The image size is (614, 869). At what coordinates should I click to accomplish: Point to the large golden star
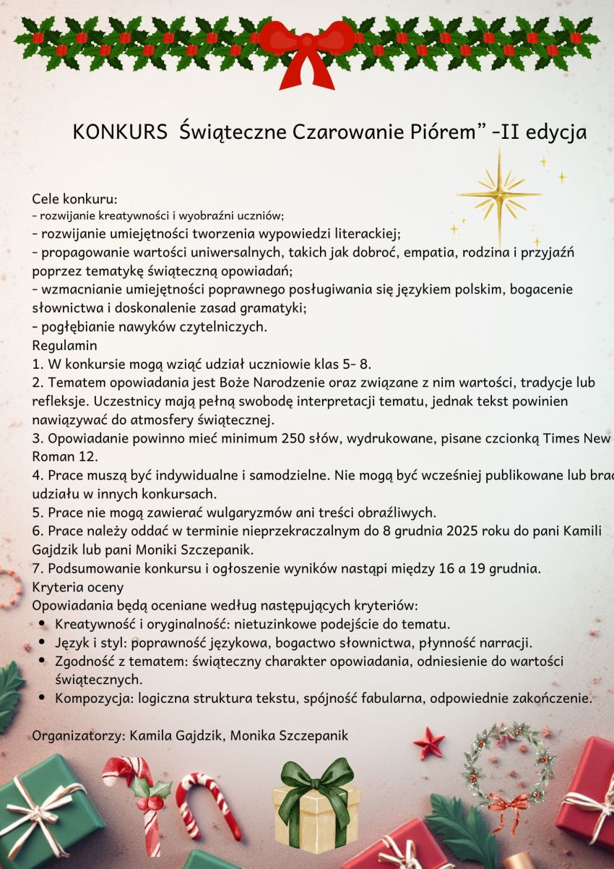(x=499, y=194)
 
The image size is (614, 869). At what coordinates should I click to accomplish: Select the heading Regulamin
(x=64, y=346)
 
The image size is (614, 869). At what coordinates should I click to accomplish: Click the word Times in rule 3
(x=562, y=439)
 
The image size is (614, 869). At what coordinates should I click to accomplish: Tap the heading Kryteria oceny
(x=78, y=586)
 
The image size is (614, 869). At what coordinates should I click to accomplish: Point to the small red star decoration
(x=428, y=743)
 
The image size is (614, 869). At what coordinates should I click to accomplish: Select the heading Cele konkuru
(x=74, y=199)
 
